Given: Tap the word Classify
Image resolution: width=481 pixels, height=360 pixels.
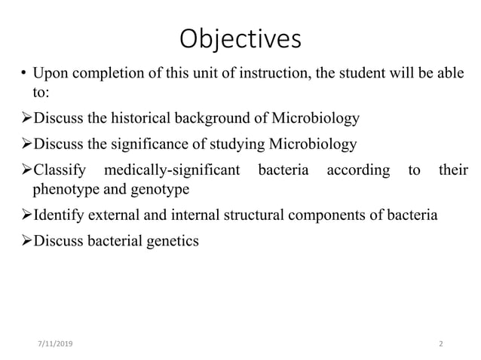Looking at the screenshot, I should click(x=60, y=170).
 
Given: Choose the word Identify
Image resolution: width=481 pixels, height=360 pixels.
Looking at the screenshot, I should click(x=59, y=215).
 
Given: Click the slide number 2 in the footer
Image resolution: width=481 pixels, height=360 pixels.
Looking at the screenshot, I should click(x=441, y=343).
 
